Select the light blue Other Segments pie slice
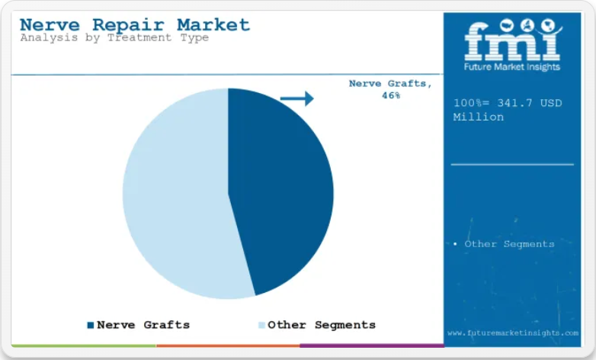click(175, 194)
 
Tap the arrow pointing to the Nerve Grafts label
click(297, 98)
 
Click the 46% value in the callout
click(391, 95)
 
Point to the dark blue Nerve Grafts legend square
click(91, 325)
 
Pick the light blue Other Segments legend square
click(261, 325)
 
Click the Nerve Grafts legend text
click(143, 325)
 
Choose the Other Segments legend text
click(322, 325)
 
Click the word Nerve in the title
click(50, 25)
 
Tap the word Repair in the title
click(129, 26)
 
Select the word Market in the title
click(213, 25)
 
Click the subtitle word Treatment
click(139, 37)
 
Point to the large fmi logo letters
click(512, 40)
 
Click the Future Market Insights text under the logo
click(512, 67)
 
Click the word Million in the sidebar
click(478, 117)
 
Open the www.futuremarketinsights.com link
click(513, 333)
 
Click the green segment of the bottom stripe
click(84, 346)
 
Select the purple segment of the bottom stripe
click(372, 346)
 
